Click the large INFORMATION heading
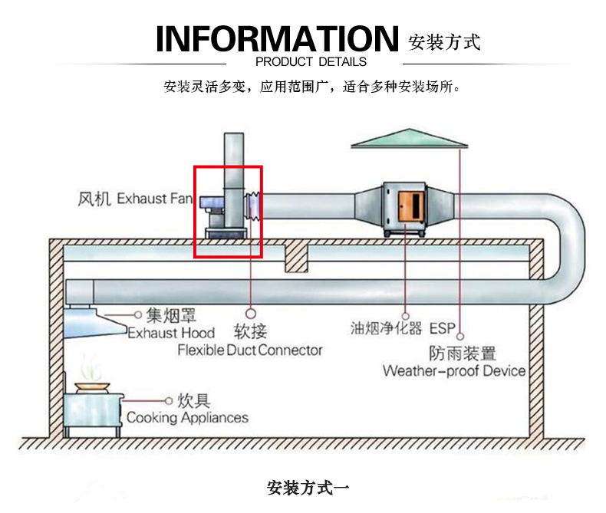tap(277, 38)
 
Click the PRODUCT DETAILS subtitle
tap(311, 62)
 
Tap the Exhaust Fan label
tap(154, 199)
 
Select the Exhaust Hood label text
tap(171, 333)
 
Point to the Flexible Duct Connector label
tap(249, 350)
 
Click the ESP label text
tap(442, 328)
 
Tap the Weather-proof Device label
tap(454, 371)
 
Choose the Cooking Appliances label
tap(187, 418)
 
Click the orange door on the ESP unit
tap(411, 206)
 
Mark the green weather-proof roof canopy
tap(410, 138)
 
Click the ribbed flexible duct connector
tap(253, 207)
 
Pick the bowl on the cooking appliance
tap(92, 387)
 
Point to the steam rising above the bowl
tap(91, 368)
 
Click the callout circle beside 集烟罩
tap(137, 315)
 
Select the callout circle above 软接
tap(251, 313)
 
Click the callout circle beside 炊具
tap(169, 401)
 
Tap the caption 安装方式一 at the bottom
tap(308, 488)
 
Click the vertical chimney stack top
tap(234, 133)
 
